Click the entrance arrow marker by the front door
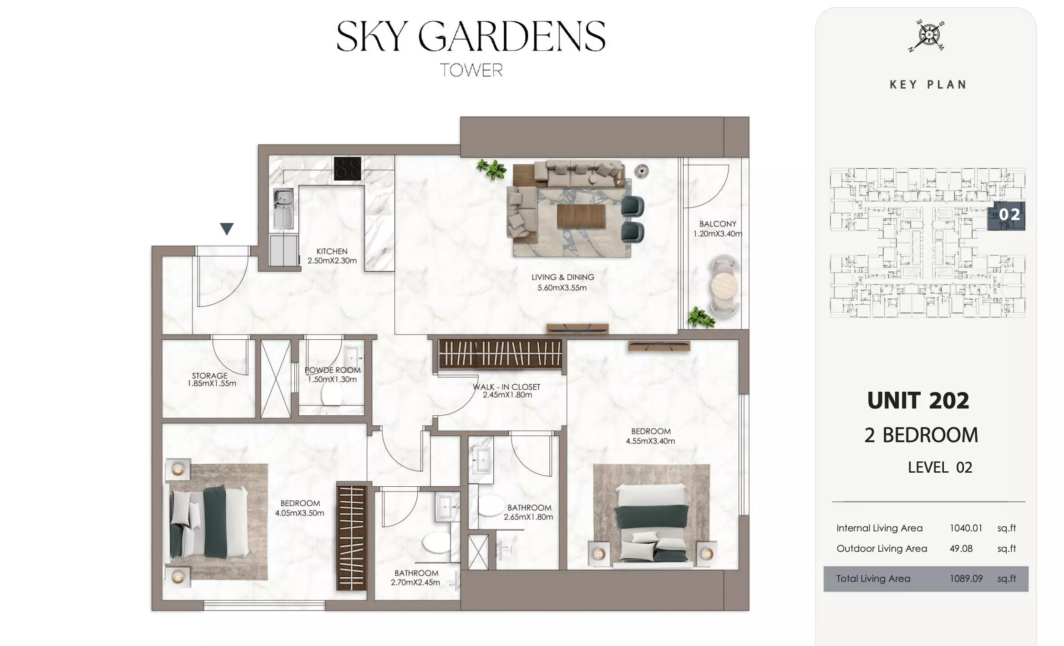click(227, 228)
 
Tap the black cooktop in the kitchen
click(347, 168)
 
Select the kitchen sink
click(283, 209)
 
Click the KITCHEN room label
click(332, 251)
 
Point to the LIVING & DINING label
click(562, 277)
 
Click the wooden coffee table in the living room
click(581, 216)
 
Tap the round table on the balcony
click(725, 285)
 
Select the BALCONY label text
click(718, 224)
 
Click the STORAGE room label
click(210, 376)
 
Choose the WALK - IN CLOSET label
click(507, 387)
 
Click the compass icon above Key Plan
click(927, 35)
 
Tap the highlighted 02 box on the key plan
click(1006, 215)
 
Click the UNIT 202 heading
click(918, 401)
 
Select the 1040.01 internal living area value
click(966, 528)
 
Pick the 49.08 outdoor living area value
click(961, 549)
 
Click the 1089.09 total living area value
click(966, 579)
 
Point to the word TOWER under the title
click(471, 70)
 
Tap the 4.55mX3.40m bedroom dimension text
click(650, 441)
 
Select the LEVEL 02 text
click(940, 468)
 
